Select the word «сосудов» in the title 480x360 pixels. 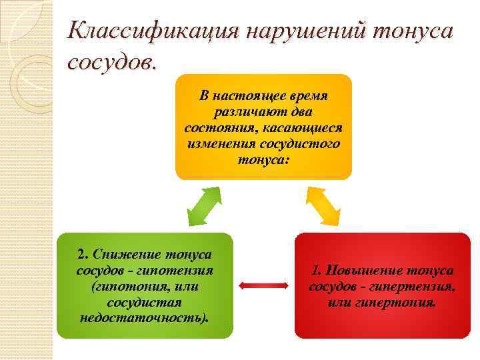pos(111,63)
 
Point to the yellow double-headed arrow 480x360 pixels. pos(323,206)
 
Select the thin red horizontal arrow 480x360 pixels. pos(263,287)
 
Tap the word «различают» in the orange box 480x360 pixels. pos(245,112)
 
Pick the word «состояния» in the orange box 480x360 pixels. pos(215,128)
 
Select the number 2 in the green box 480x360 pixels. pos(81,255)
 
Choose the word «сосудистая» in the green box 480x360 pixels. pos(144,301)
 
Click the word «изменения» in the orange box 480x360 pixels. pos(220,144)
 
